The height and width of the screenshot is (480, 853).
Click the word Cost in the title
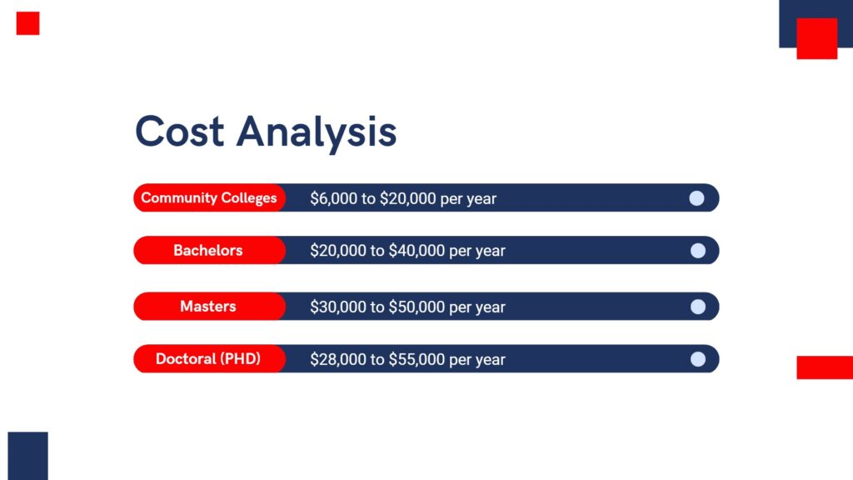[180, 131]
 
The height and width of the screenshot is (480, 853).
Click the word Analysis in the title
[317, 134]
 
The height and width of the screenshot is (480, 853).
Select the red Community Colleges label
[209, 197]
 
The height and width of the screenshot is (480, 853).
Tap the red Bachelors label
[209, 250]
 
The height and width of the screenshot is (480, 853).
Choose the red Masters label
[209, 307]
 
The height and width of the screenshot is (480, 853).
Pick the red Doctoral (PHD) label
[209, 358]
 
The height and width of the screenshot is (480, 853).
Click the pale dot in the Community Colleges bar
[697, 198]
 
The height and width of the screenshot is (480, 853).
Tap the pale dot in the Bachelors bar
[698, 250]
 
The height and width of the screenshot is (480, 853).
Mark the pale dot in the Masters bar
[698, 307]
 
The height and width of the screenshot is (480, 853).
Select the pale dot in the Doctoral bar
[698, 359]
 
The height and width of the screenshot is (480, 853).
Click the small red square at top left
[27, 23]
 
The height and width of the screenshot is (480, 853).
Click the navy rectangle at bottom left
[27, 456]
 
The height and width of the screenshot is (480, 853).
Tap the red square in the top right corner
[817, 38]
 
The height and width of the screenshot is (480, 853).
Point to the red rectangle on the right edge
[825, 367]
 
